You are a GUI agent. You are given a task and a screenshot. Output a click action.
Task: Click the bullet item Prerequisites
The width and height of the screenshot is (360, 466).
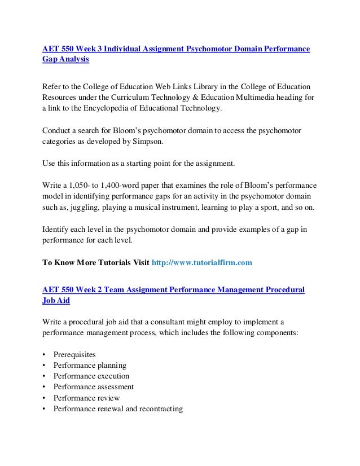(x=74, y=354)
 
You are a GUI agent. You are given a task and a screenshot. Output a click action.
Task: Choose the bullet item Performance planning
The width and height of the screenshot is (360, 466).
(x=90, y=365)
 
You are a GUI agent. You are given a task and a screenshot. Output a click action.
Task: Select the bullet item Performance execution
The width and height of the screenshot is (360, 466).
(x=91, y=376)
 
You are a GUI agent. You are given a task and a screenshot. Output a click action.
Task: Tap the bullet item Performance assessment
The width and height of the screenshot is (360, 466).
(x=93, y=387)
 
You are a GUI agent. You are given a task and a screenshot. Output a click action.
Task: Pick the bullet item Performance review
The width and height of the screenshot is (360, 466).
(x=86, y=398)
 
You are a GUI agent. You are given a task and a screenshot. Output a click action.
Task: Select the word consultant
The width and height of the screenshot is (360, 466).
(x=162, y=322)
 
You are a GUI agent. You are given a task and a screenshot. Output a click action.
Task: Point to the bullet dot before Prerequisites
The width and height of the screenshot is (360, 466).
(x=44, y=355)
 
